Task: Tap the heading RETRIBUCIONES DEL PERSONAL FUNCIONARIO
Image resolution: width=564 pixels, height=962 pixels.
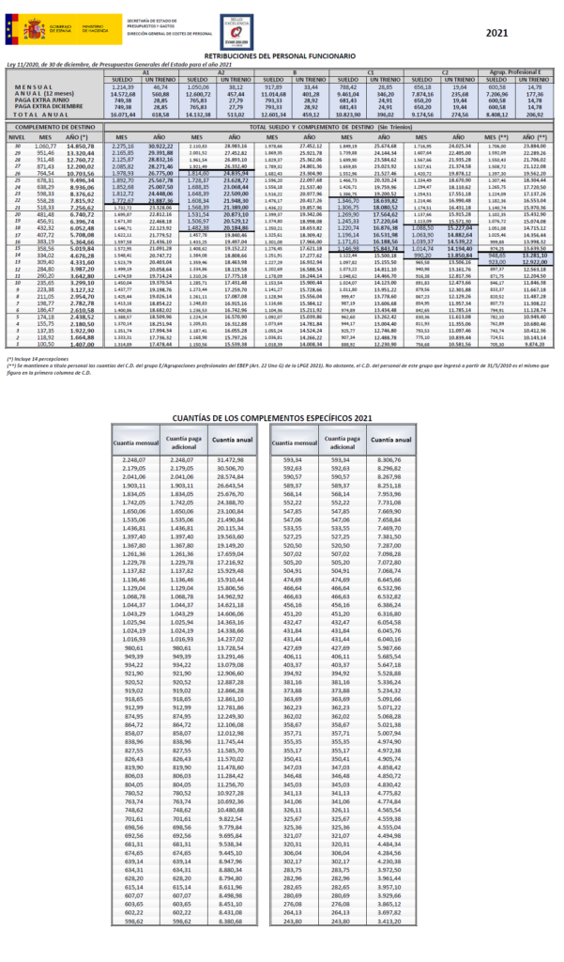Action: (x=282, y=57)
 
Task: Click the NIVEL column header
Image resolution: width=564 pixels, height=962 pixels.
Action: (x=15, y=136)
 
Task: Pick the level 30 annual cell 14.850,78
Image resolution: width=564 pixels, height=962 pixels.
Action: (x=80, y=147)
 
